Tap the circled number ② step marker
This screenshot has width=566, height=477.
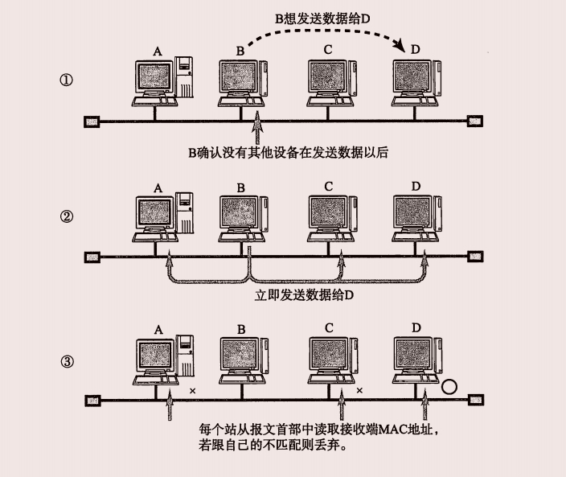[68, 217]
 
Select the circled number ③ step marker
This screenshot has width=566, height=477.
[68, 361]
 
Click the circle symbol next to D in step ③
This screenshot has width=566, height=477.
[450, 386]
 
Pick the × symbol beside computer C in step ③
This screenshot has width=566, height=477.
[359, 391]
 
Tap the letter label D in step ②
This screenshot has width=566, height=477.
[416, 187]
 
